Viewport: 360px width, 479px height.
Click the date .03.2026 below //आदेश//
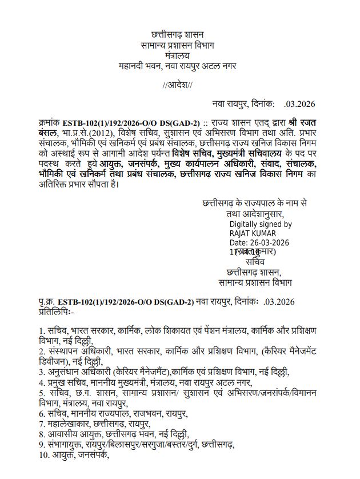tap(299, 104)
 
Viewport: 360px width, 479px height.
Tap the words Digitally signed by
tap(261, 225)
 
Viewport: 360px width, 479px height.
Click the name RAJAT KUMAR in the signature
tap(253, 233)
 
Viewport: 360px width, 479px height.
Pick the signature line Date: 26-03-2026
tap(259, 242)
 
